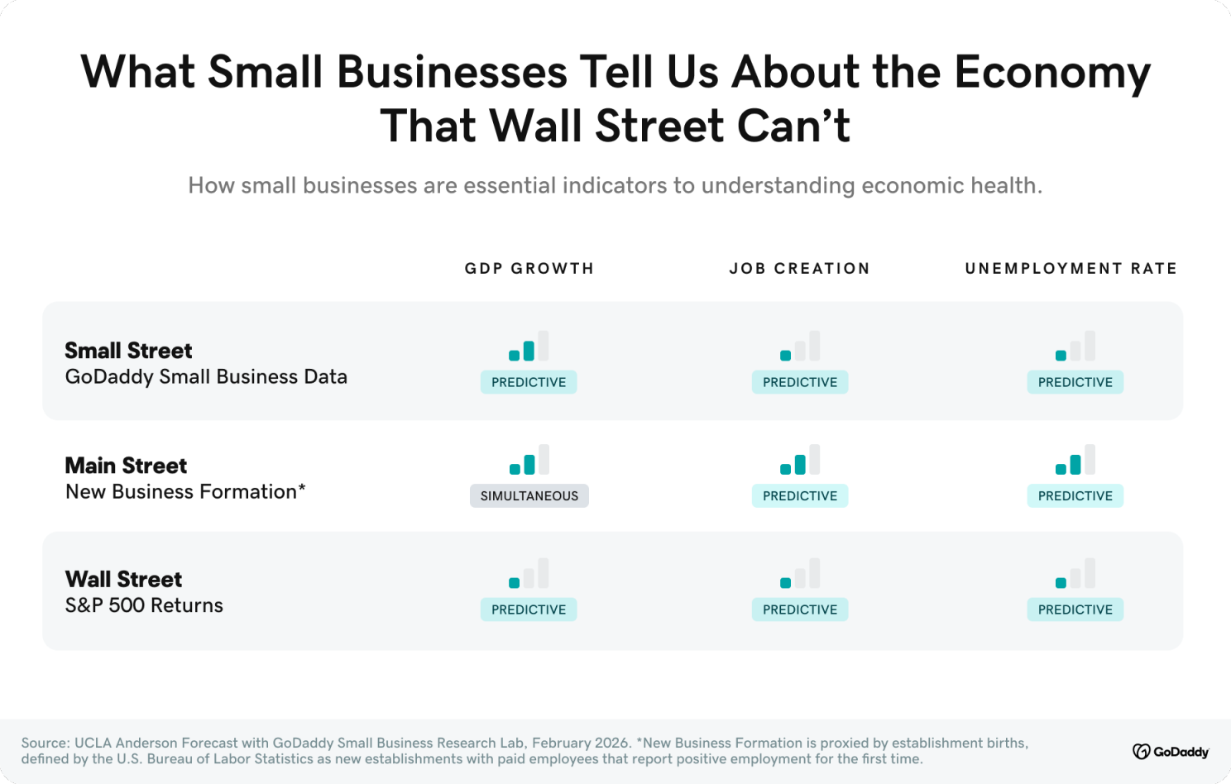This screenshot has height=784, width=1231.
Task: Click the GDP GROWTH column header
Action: click(529, 269)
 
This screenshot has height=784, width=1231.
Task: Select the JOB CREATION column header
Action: click(799, 269)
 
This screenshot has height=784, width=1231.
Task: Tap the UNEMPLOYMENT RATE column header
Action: click(1071, 269)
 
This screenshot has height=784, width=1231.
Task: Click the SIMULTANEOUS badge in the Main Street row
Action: click(529, 496)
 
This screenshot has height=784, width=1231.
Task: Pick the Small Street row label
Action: click(128, 351)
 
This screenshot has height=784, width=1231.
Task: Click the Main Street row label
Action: click(126, 466)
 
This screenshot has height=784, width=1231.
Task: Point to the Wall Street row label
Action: click(123, 579)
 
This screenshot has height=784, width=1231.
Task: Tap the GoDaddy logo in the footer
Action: click(1171, 751)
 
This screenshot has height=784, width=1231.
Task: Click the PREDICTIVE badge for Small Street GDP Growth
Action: click(529, 382)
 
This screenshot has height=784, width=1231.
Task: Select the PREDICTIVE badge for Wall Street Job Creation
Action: click(799, 610)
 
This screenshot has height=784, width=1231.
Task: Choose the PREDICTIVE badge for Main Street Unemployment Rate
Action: click(1075, 496)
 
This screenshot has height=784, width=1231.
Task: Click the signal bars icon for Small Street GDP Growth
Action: click(529, 347)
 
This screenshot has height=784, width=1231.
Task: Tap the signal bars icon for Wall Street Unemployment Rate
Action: click(1075, 573)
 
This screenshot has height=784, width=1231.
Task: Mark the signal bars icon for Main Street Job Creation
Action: click(799, 460)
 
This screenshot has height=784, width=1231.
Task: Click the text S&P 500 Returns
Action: click(144, 605)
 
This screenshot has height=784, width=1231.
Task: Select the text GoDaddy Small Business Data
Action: click(206, 377)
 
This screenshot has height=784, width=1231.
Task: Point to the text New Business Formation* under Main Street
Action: click(185, 492)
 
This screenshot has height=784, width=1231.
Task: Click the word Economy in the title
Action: click(1051, 72)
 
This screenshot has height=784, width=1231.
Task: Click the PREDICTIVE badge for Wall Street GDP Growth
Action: click(529, 610)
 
